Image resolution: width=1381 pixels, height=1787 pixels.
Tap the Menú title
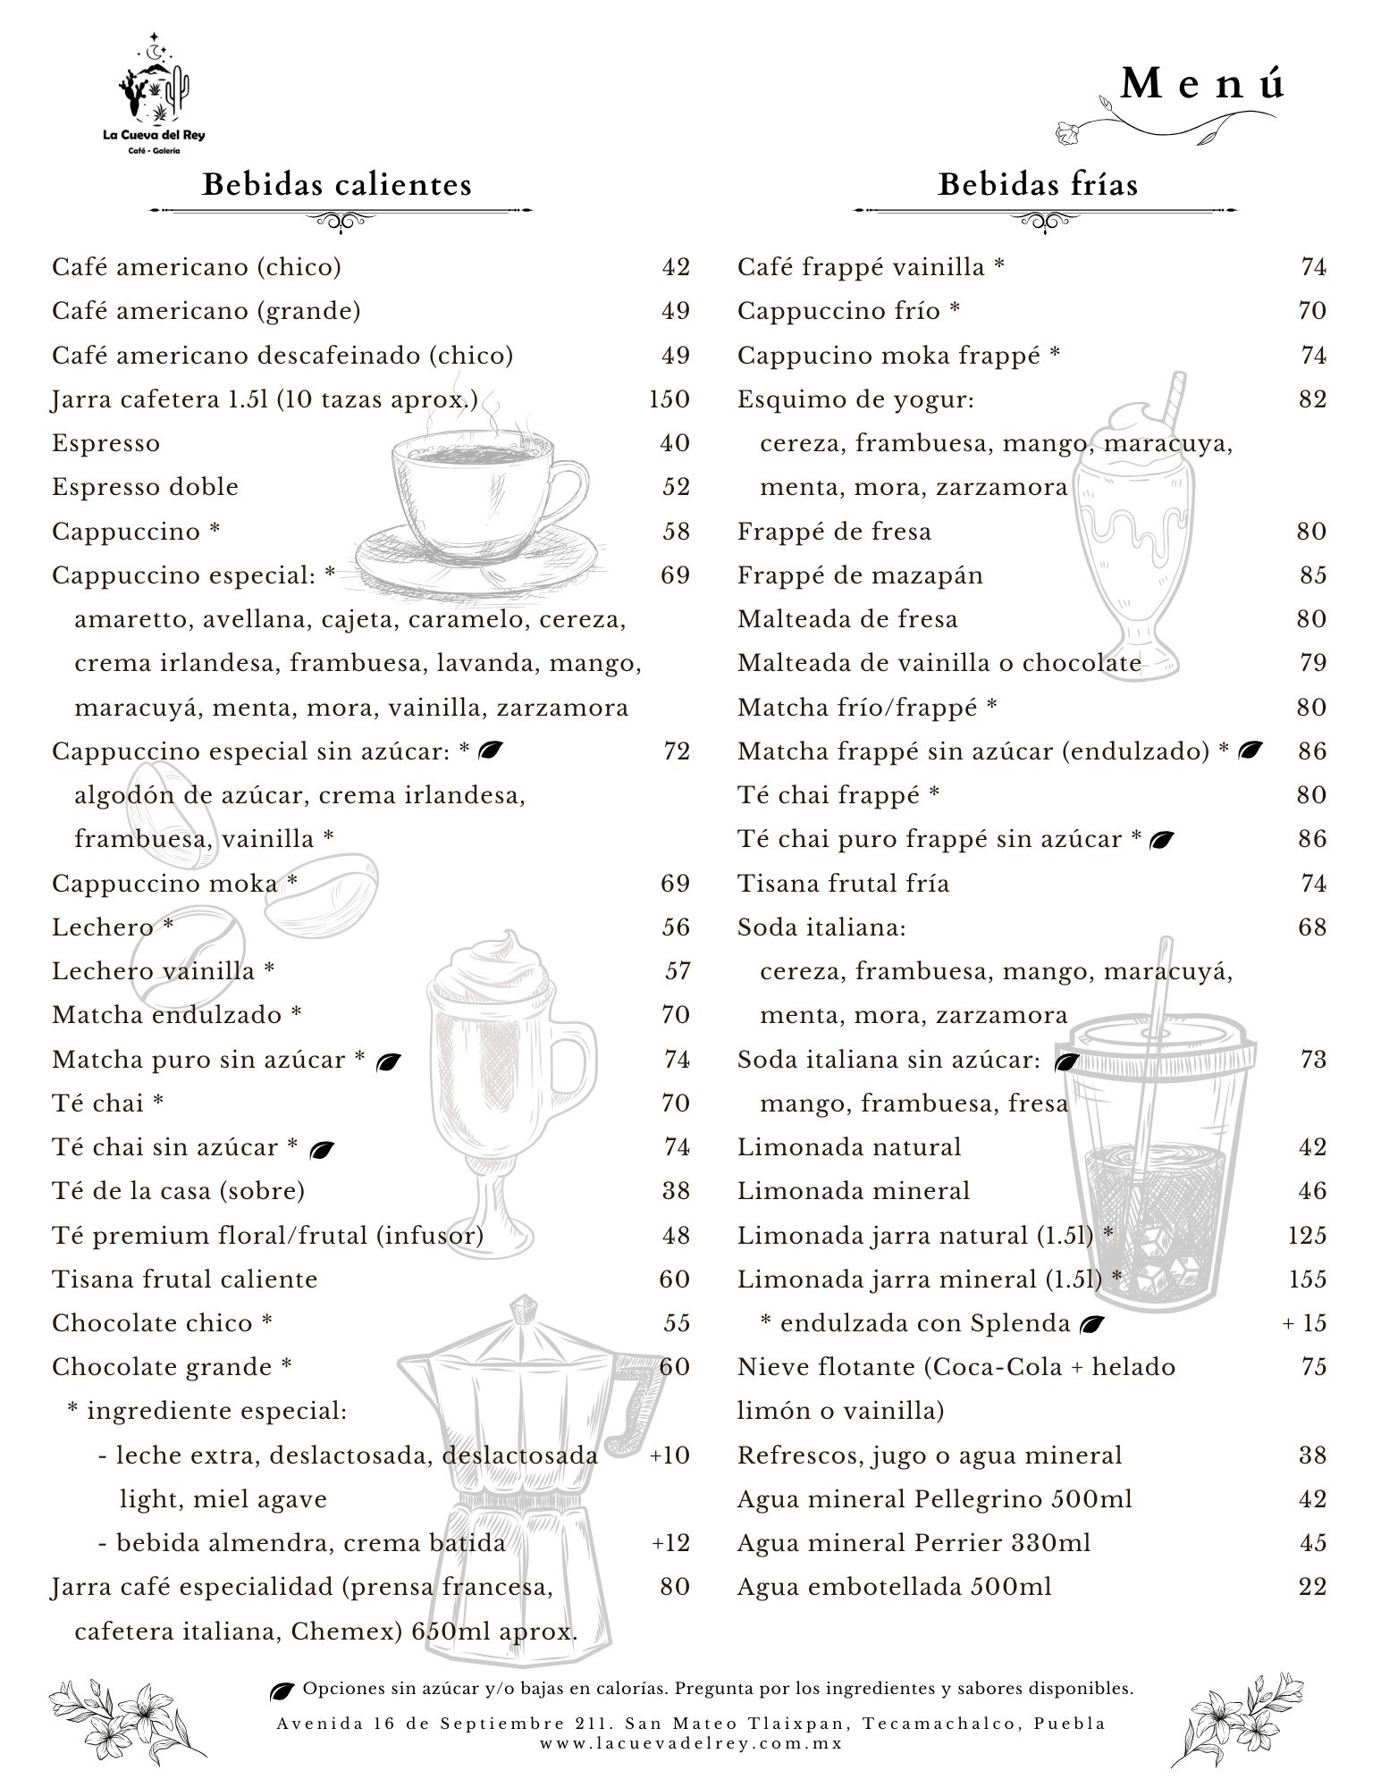pyautogui.click(x=1202, y=84)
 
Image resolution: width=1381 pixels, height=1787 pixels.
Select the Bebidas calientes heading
pyautogui.click(x=337, y=185)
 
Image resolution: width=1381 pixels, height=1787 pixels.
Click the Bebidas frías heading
pyautogui.click(x=1038, y=185)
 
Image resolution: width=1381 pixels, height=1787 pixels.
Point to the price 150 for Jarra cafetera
pyautogui.click(x=669, y=399)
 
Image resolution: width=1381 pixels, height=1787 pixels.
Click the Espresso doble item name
pyautogui.click(x=145, y=487)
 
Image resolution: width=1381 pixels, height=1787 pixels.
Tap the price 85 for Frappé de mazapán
pyautogui.click(x=1313, y=575)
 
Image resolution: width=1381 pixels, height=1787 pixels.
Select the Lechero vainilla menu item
pyautogui.click(x=163, y=970)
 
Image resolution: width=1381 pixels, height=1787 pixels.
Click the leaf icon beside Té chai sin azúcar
pyautogui.click(x=322, y=1151)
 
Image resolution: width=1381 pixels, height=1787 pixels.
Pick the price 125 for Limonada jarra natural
pyautogui.click(x=1307, y=1236)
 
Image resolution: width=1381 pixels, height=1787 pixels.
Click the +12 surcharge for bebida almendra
pyautogui.click(x=670, y=1543)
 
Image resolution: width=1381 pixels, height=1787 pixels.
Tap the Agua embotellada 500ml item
pyautogui.click(x=894, y=1587)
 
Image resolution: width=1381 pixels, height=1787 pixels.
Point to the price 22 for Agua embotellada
pyautogui.click(x=1313, y=1587)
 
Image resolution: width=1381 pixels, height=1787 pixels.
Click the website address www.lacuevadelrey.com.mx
pyautogui.click(x=691, y=1742)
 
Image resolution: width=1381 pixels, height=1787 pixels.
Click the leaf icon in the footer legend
pyautogui.click(x=282, y=1690)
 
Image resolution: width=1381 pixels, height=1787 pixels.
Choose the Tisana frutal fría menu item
pyautogui.click(x=843, y=884)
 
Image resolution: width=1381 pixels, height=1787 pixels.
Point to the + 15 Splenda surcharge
pyautogui.click(x=1304, y=1323)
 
